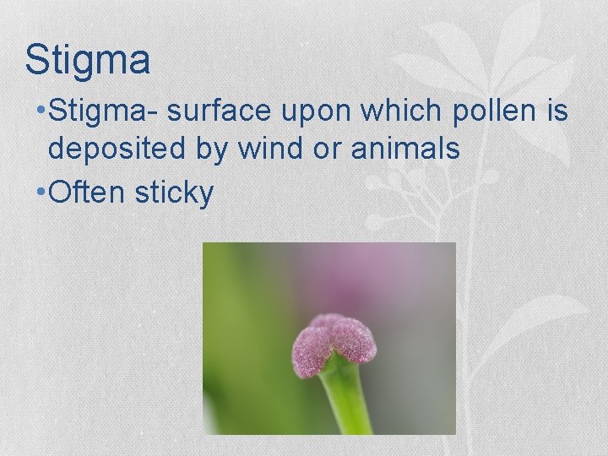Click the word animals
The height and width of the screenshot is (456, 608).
(409, 149)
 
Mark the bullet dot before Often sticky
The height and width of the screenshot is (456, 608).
(41, 193)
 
